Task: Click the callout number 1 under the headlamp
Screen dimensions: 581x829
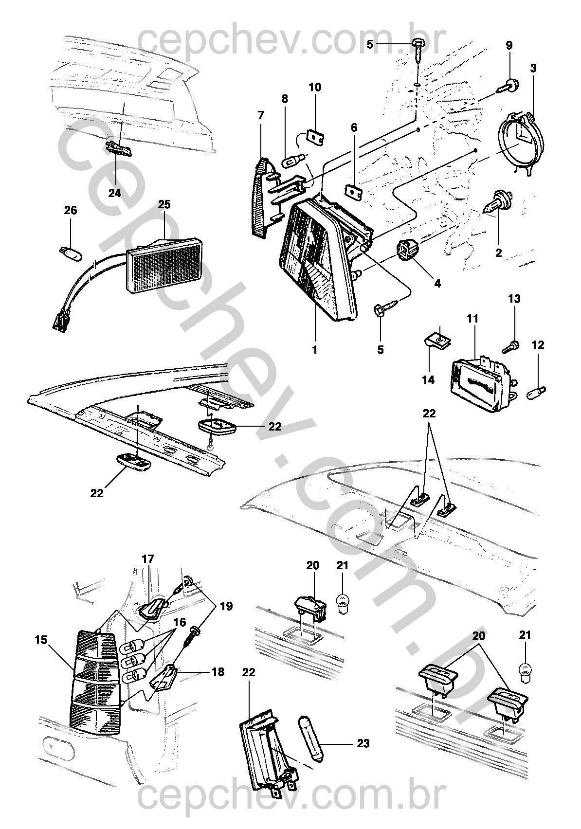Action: click(314, 349)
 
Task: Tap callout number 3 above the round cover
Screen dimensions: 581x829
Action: click(533, 69)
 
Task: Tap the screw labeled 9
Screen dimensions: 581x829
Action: click(508, 87)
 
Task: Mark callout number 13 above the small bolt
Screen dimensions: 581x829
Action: click(514, 299)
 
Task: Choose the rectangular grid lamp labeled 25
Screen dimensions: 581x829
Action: click(164, 264)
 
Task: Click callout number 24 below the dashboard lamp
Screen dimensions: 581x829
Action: click(115, 193)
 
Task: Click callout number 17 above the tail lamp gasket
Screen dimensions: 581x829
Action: click(147, 559)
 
